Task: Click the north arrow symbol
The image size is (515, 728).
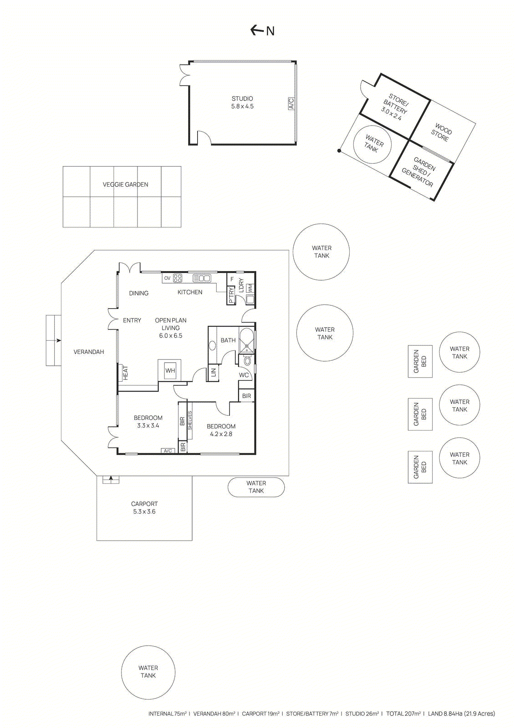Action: tap(257, 30)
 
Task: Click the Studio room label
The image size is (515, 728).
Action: tap(242, 102)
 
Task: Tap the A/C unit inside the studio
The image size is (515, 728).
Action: tap(291, 103)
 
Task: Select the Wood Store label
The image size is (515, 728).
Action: tap(441, 132)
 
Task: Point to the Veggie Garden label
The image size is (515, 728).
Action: tap(125, 184)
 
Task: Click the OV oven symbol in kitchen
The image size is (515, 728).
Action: tap(167, 278)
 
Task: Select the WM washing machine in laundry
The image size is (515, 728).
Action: tap(250, 288)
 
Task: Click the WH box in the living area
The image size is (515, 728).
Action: tap(170, 370)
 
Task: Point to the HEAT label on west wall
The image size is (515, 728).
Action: tap(125, 373)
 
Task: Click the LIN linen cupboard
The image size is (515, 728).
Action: tap(213, 373)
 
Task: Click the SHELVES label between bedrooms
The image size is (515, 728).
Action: tap(190, 420)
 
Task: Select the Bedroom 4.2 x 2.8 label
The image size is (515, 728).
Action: tap(221, 430)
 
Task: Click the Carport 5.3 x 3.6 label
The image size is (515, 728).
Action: tap(144, 508)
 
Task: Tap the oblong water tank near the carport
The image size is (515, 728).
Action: tap(256, 487)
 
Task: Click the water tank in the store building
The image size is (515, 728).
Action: tap(372, 144)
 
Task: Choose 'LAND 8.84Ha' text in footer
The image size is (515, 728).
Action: tap(461, 713)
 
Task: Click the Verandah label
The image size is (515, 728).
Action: tap(89, 352)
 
